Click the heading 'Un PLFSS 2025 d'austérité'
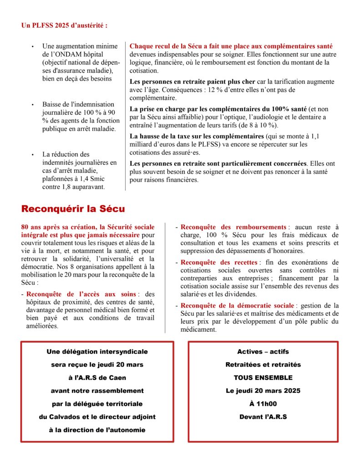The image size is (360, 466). pos(64,25)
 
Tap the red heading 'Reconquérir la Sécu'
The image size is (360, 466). pos(73,209)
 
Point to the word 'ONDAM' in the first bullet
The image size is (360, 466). pos(78,54)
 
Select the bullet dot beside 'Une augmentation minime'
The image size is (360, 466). pos(32,46)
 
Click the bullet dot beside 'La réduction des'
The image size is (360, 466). pos(32,155)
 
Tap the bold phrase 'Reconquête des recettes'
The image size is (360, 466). pos(219,263)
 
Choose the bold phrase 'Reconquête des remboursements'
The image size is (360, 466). pos(233,227)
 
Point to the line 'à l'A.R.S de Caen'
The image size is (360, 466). pos(96,378)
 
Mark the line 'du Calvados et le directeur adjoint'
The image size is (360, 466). pos(96,417)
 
